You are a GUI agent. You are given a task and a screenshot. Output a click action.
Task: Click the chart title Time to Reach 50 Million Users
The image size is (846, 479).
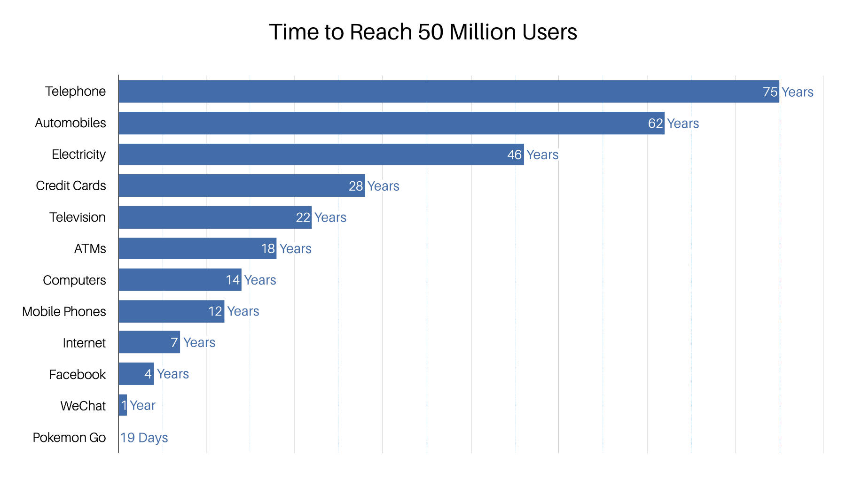click(x=423, y=32)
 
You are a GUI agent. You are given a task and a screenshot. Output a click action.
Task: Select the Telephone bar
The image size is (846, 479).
click(x=446, y=92)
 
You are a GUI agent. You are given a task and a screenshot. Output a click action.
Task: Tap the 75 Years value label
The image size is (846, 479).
click(x=788, y=92)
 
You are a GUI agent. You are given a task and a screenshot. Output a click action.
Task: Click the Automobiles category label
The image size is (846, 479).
click(x=70, y=123)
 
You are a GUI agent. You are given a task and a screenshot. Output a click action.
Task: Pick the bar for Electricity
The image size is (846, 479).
click(x=320, y=155)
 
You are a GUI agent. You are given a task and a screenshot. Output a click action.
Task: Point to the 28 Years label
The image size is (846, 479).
click(x=374, y=186)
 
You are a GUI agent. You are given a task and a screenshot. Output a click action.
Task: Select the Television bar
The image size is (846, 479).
click(x=214, y=217)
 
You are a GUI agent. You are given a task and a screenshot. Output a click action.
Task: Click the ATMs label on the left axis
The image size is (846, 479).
click(x=90, y=249)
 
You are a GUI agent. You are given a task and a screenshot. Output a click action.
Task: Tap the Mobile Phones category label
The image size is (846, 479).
click(x=64, y=312)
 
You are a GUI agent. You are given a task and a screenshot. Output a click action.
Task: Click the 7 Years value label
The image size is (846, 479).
click(x=193, y=343)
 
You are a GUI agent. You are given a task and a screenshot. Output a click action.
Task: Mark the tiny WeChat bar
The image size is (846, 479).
click(x=123, y=405)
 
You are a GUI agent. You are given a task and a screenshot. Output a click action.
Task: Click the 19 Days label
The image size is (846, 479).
click(x=144, y=438)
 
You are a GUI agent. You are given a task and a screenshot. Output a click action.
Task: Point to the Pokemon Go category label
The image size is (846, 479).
click(x=69, y=438)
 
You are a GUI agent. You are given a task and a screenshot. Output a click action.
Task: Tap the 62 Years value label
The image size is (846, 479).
click(x=674, y=124)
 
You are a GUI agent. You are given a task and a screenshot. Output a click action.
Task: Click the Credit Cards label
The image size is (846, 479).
click(x=71, y=186)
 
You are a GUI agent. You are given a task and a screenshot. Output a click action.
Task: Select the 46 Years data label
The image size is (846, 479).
click(x=533, y=155)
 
